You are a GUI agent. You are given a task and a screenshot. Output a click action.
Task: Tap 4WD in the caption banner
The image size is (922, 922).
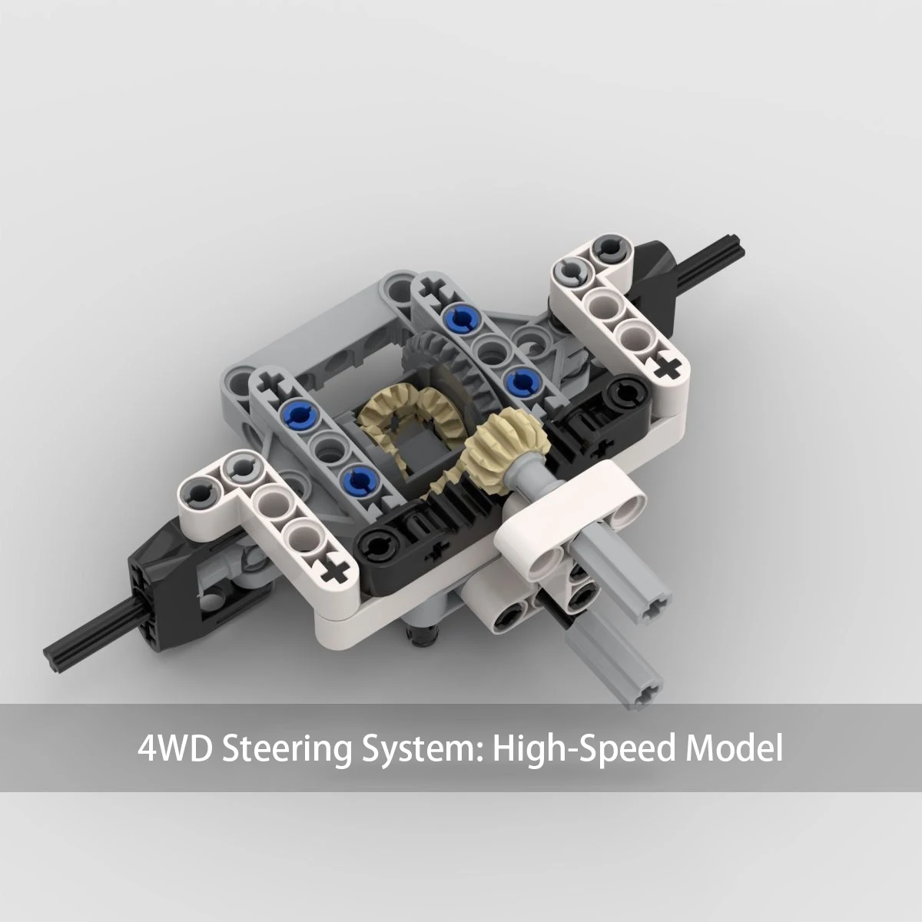point(174,748)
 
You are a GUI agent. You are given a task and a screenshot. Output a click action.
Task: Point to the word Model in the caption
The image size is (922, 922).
point(735,748)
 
